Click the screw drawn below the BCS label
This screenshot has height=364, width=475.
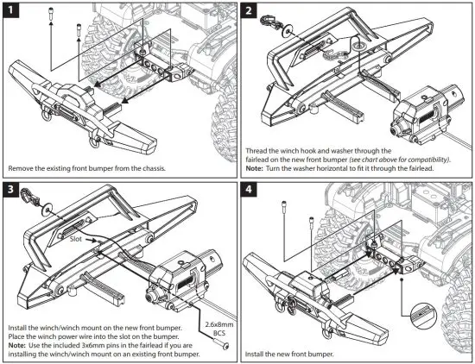click(x=226, y=342)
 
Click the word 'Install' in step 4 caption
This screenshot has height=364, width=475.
click(x=259, y=354)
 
